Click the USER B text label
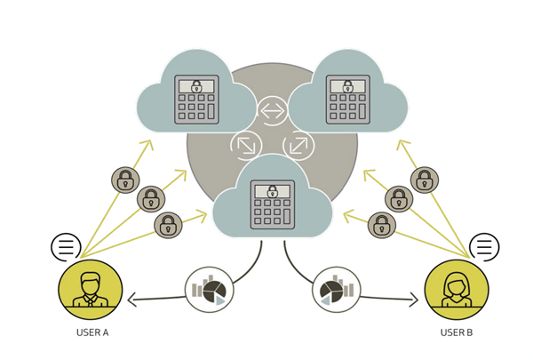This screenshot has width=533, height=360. click(x=457, y=332)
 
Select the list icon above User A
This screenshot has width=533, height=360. click(x=66, y=246)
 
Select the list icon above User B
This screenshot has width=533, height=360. click(x=484, y=246)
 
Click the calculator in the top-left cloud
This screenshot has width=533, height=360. click(x=196, y=99)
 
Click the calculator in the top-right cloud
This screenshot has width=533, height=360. click(x=346, y=99)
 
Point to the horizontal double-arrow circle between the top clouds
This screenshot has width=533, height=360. click(x=271, y=112)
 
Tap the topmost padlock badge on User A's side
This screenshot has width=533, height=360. click(x=125, y=180)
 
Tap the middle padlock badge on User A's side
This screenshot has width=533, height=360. click(x=151, y=199)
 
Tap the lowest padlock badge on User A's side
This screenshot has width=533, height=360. click(x=168, y=225)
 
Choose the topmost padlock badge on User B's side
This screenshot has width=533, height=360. click(x=425, y=180)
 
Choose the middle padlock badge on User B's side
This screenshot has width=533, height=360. click(x=399, y=199)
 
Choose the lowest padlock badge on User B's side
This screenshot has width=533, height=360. click(x=382, y=225)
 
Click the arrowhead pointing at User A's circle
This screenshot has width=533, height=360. click(x=131, y=300)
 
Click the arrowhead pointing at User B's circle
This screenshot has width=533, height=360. click(x=413, y=301)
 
